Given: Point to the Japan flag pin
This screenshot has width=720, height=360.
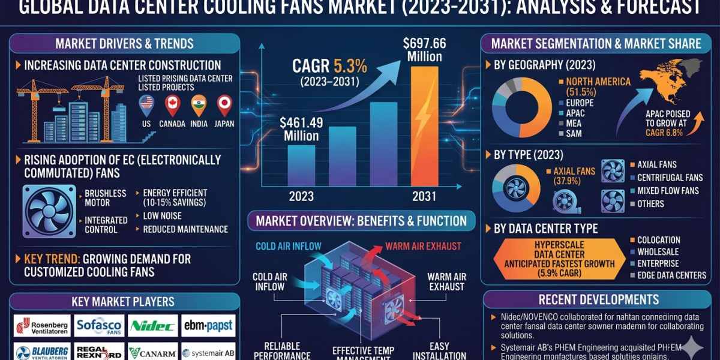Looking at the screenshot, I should tap(224, 105).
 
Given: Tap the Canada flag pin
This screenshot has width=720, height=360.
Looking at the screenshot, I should tap(172, 105).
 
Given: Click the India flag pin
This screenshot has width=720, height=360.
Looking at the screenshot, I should tap(199, 105).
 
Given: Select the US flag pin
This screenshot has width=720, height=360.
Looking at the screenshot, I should tap(146, 105).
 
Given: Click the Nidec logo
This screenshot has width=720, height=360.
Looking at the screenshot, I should tap(153, 326).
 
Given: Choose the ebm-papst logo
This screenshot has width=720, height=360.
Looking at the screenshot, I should tap(208, 326).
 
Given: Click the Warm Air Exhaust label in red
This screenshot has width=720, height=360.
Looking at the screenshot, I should tap(423, 246).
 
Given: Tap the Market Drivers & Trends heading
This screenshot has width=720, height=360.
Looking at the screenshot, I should tap(124, 43).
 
